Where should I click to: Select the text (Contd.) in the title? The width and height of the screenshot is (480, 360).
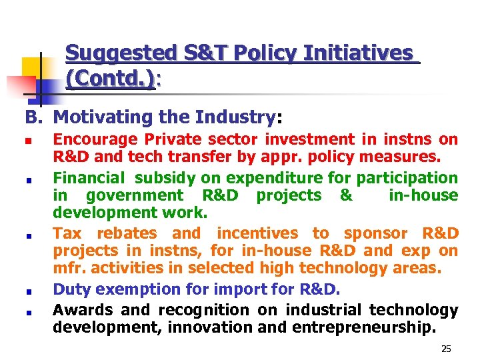point(111,79)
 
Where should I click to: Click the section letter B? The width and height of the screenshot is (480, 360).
point(33,117)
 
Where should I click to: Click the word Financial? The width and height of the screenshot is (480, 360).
point(89,178)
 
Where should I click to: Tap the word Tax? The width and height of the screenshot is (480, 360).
point(67,233)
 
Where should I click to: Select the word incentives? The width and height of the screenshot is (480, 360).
point(257,233)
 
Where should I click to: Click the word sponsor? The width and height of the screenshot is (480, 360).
point(375,233)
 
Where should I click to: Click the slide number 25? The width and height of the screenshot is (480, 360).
point(446,349)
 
